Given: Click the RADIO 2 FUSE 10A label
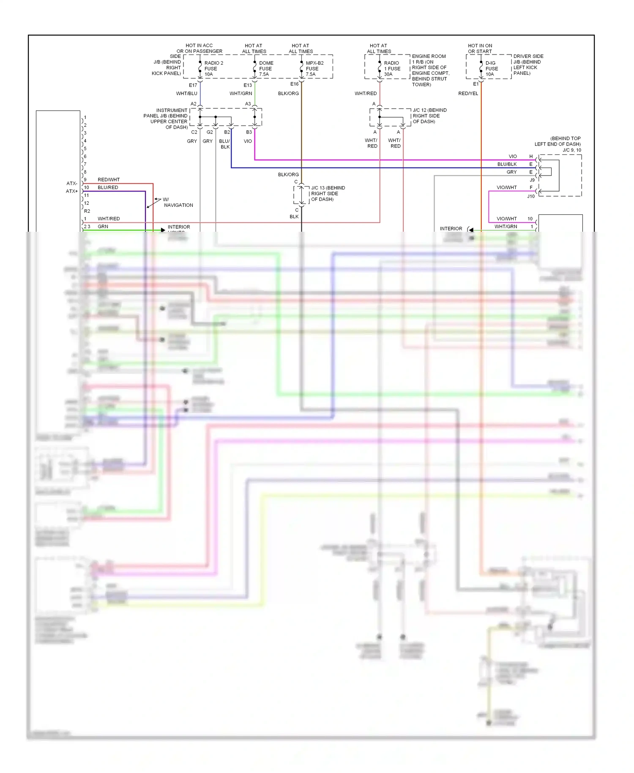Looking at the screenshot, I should point(213,69).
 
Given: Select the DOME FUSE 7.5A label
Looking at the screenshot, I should point(266,69).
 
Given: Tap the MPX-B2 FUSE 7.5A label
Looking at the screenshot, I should point(314,69).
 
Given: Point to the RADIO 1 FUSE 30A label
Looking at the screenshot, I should point(392,69).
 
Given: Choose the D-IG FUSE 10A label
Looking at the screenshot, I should point(491,69).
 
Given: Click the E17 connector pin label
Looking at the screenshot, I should point(193,85).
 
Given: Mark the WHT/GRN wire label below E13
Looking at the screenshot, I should point(240,93).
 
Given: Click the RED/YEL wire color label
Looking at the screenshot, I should point(468,93).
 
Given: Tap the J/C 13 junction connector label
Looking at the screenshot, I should point(328,193).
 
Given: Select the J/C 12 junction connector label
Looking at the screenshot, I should point(429,115).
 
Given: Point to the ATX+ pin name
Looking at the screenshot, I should point(71,191).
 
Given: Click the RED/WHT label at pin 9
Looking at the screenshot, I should point(109,180).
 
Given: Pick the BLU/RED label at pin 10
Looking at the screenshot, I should point(108,187).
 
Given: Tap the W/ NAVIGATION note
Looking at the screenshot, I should point(178,202).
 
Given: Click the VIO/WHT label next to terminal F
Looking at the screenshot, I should point(506,187).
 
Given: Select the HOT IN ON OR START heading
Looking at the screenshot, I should point(480,48).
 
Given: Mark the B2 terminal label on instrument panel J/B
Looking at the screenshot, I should point(227,132).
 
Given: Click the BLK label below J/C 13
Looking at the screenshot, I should point(294,217).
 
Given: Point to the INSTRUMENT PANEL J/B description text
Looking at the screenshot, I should point(166,118).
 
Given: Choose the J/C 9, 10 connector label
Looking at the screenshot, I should point(571,150).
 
